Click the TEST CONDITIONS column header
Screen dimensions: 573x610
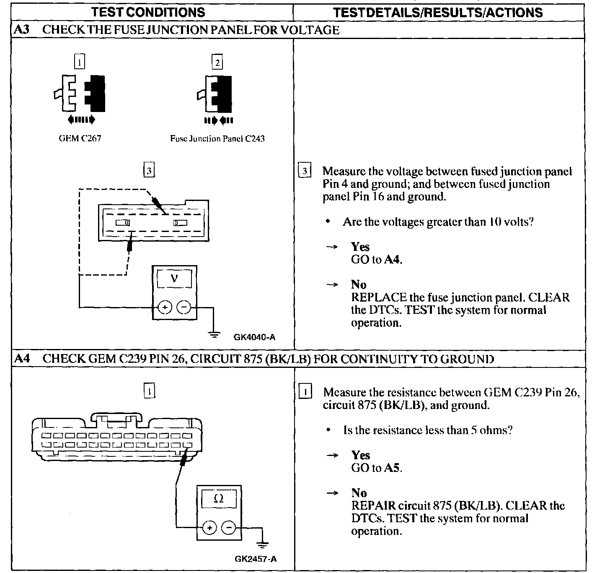coord(148,12)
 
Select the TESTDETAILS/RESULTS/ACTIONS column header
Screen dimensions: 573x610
coord(438,12)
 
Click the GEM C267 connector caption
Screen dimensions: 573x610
coord(80,138)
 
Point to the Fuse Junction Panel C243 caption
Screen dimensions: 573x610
coord(217,138)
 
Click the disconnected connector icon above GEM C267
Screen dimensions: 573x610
coord(79,94)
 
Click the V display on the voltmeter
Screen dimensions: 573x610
coord(175,279)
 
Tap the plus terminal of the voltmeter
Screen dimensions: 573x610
coord(165,308)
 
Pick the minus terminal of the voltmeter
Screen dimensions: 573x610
coord(184,308)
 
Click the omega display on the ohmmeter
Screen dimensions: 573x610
coord(219,499)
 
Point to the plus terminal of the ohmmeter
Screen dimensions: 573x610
coord(209,528)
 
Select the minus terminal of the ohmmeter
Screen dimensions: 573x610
coord(228,528)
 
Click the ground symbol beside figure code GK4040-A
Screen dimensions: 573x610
coord(214,334)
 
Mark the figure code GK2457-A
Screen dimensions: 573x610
coord(256,559)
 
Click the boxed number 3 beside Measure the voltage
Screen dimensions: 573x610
coord(305,171)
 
